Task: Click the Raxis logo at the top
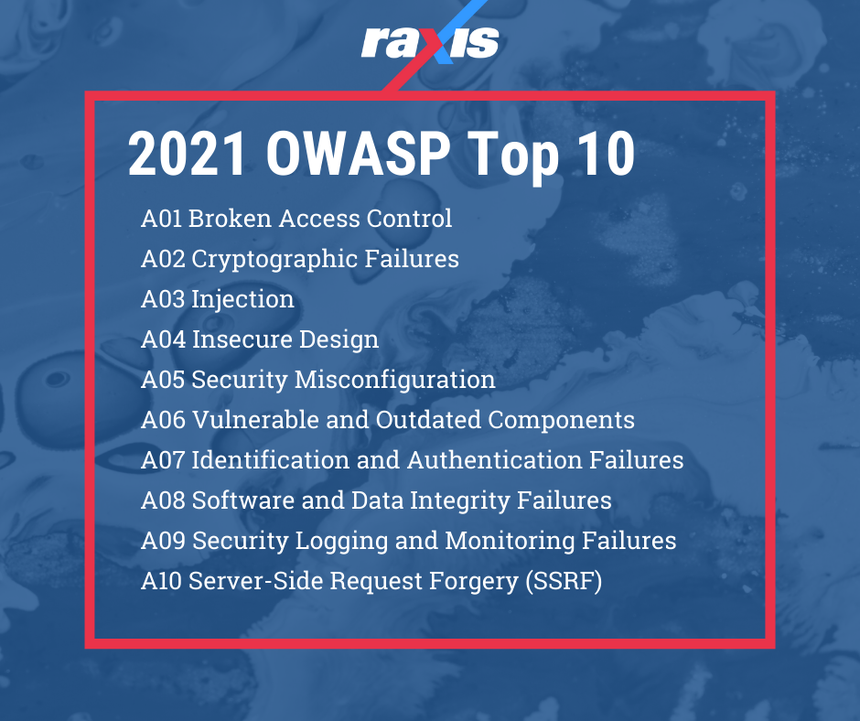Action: [x=430, y=41]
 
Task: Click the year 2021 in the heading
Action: [x=188, y=153]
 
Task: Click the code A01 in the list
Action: [x=162, y=219]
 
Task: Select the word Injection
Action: [x=242, y=299]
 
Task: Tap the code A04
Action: [x=163, y=339]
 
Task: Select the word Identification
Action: [x=266, y=460]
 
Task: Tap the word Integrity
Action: [x=463, y=500]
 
